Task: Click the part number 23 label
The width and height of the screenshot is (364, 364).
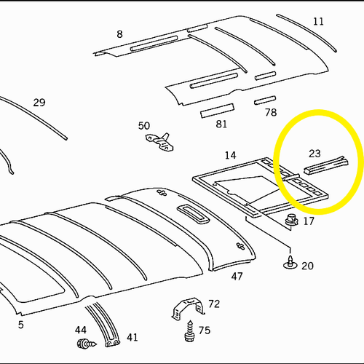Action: coord(314,154)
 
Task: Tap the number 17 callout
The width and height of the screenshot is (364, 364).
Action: coord(309,221)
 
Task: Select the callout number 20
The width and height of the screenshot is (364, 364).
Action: coord(307,266)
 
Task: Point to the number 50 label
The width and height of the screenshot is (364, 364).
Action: coord(144,126)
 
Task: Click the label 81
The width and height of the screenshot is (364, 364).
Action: coord(221,124)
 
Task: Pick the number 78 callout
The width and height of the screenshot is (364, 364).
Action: coord(271,112)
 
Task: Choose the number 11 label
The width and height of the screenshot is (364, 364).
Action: coord(318,22)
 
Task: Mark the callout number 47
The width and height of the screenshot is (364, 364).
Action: coord(237,276)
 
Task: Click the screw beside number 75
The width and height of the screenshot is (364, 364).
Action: coord(190,331)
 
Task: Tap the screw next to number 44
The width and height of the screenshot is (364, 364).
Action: coord(87,344)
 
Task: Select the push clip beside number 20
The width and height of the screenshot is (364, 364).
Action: coord(290,262)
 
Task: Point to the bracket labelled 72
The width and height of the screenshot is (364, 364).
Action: coord(188,309)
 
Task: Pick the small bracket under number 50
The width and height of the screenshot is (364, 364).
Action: coord(160,143)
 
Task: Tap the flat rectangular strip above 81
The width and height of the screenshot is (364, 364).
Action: coord(218,111)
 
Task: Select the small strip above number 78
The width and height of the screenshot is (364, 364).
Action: coord(265,100)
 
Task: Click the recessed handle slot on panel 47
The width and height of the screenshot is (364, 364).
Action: coord(193,213)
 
